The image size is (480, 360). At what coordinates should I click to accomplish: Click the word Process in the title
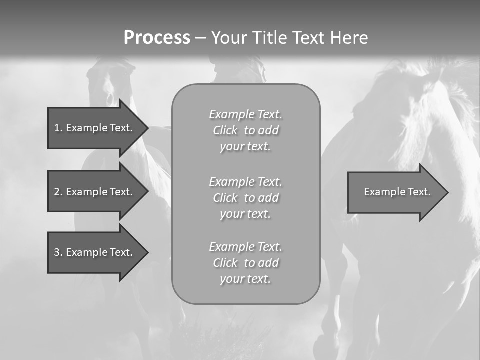point(157,38)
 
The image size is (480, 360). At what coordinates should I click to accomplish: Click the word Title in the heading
point(270,38)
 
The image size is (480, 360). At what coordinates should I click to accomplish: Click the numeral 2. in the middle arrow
point(58,192)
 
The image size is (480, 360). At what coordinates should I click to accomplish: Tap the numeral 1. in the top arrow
point(58,128)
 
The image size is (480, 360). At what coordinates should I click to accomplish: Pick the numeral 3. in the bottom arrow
point(58,252)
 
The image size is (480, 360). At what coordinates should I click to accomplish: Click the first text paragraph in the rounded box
point(245,130)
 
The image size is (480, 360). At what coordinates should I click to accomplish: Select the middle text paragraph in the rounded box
point(245,198)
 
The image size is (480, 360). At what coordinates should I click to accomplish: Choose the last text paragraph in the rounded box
point(245,263)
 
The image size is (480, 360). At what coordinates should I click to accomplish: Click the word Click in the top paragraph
point(225,131)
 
